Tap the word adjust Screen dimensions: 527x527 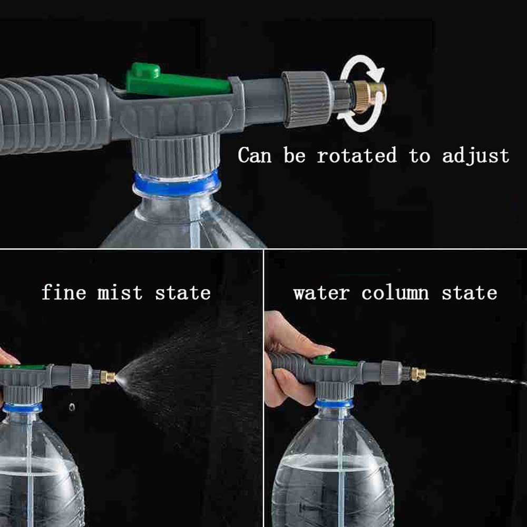coord(475,157)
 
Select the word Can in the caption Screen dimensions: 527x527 coord(255,156)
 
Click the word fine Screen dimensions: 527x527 coord(63,292)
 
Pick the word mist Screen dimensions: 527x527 coord(120,292)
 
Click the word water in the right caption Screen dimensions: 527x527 coord(321,293)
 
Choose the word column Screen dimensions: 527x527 coord(395,293)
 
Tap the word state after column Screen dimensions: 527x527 coord(469,293)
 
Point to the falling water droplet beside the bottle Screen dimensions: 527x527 coord(72,407)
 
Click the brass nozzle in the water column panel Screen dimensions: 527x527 coord(418,374)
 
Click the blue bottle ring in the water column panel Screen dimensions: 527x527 coord(334,404)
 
